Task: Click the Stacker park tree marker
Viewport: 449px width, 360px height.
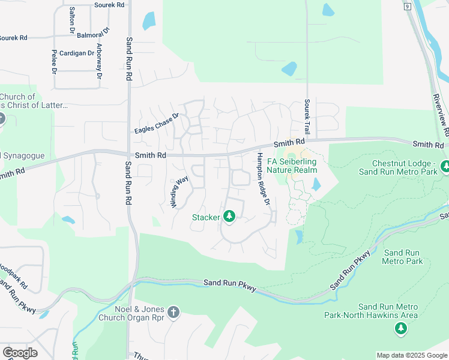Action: point(229,217)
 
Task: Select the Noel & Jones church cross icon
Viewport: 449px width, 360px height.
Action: point(173,312)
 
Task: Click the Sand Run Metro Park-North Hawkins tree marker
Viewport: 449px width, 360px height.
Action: point(400,328)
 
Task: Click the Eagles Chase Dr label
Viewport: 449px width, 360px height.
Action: point(157,123)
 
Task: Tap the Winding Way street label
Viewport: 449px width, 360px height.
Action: point(179,191)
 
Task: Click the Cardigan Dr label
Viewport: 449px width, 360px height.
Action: point(77,53)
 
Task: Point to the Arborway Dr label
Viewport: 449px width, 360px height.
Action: point(98,62)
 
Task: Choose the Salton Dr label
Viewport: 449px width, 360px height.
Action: point(72,20)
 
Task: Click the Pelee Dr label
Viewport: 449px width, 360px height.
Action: point(53,62)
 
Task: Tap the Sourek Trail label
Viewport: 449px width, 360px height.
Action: point(307,117)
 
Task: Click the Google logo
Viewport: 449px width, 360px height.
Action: point(20,353)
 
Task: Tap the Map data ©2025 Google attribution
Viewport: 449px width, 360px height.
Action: point(412,355)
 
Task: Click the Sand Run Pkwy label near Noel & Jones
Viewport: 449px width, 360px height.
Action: point(230,285)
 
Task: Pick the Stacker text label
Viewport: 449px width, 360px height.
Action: point(206,217)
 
